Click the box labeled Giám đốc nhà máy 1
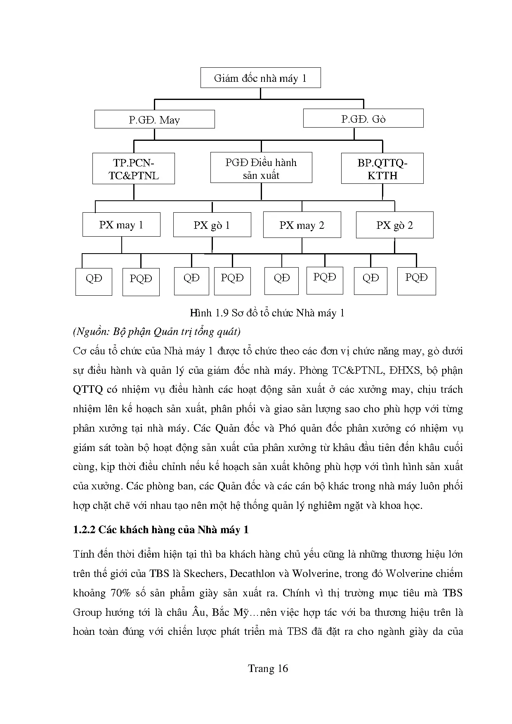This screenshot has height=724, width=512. click(260, 78)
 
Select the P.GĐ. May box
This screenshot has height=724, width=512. click(154, 119)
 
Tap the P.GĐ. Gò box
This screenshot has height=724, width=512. click(363, 119)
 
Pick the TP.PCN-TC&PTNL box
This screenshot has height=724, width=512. click(134, 169)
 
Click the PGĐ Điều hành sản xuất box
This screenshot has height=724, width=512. click(261, 168)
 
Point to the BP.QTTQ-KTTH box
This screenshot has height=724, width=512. click(382, 169)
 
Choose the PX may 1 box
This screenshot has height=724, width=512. click(121, 225)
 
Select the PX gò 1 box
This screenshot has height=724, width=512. click(212, 225)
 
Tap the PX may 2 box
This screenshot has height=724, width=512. click(302, 225)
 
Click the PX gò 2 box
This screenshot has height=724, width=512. click(394, 225)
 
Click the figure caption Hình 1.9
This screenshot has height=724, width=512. click(267, 313)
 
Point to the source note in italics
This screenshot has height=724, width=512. click(156, 331)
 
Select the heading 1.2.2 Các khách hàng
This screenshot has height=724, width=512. click(161, 529)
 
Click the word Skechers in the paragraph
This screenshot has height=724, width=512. click(204, 573)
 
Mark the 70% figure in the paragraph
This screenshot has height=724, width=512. click(120, 593)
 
